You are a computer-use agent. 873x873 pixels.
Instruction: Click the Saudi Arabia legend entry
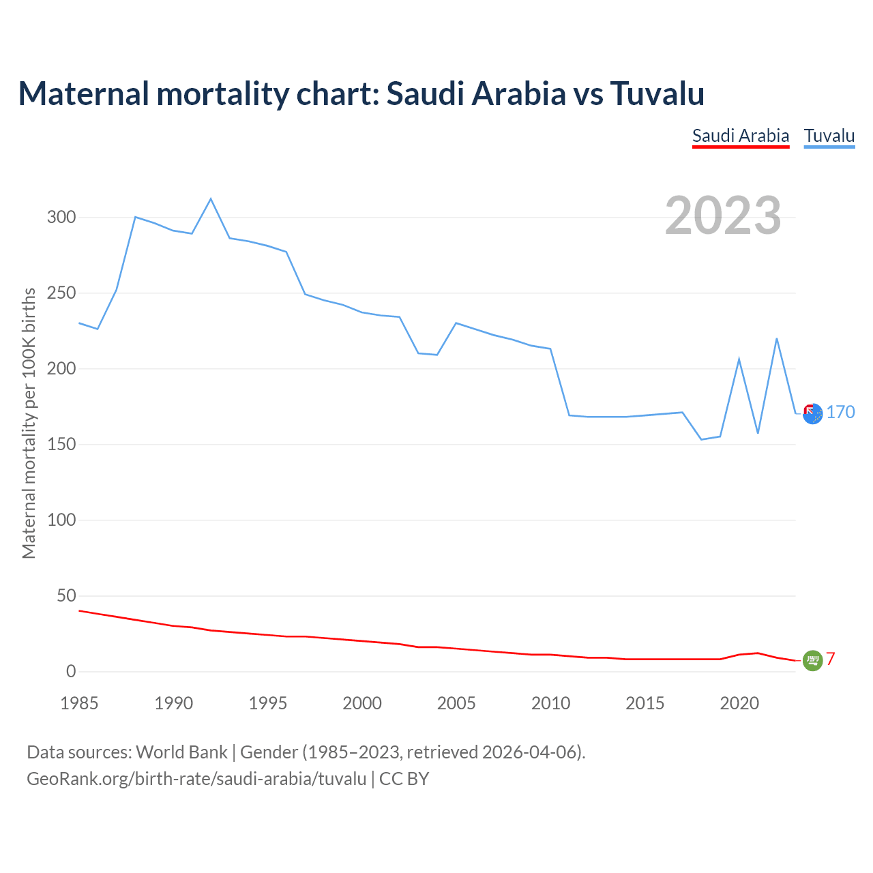point(741,136)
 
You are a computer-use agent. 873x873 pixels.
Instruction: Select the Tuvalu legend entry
point(829,136)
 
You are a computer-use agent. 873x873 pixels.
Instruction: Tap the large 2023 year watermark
point(723,216)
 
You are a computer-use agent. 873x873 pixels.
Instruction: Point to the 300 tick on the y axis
point(61,218)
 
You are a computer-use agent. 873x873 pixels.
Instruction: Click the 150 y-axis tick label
point(61,445)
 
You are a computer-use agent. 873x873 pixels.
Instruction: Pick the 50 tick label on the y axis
point(67,596)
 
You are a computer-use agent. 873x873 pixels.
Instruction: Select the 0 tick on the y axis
point(71,672)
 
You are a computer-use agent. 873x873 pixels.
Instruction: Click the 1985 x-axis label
point(79,703)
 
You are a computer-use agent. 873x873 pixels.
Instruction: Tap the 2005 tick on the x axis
point(456,703)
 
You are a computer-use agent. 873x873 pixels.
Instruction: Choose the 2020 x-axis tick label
point(739,703)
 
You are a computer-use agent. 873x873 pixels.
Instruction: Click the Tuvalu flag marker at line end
point(812,413)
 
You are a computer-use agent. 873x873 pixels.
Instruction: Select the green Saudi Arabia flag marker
point(812,660)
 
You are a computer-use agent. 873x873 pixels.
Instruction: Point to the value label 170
point(841,412)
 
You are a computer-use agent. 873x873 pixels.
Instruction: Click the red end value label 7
point(831,659)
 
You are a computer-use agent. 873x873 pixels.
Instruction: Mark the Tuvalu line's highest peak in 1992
point(211,198)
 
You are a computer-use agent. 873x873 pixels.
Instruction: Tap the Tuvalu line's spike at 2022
point(777,338)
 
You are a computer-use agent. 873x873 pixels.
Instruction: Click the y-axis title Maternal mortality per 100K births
point(29,423)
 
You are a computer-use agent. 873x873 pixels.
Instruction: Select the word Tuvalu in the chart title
point(657,93)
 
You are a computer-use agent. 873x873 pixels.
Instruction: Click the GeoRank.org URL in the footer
point(196,779)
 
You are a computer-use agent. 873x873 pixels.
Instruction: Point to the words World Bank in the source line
point(181,752)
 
